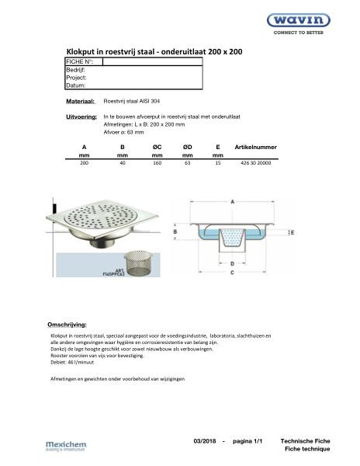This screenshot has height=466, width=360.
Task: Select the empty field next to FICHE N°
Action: (x=152, y=61)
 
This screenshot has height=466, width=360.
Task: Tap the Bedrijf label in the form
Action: (x=75, y=69)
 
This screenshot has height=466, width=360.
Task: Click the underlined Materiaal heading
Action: (x=81, y=102)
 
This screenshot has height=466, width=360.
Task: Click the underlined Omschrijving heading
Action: (x=67, y=322)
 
